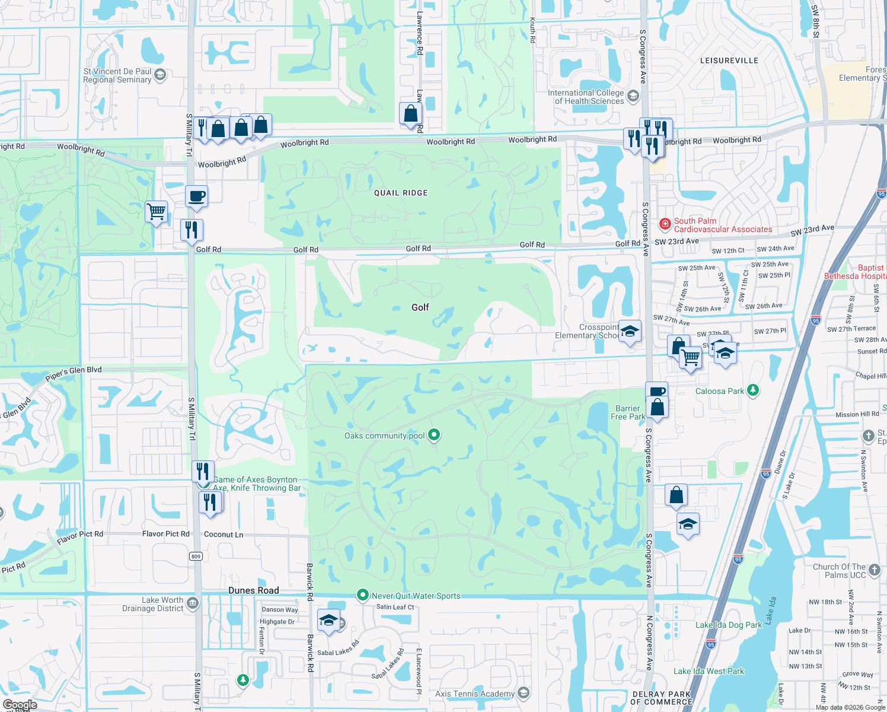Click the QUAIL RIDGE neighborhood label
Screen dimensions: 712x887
(x=401, y=193)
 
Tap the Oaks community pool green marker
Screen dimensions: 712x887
(x=434, y=435)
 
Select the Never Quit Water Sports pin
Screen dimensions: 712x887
(x=363, y=595)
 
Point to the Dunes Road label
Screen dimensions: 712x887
(x=254, y=590)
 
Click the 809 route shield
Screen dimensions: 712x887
(x=196, y=556)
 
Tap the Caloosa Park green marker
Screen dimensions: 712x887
(x=753, y=390)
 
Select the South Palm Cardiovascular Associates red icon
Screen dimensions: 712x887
(x=665, y=224)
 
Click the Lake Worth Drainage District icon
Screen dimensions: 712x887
(x=192, y=603)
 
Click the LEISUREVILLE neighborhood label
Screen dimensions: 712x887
(x=729, y=61)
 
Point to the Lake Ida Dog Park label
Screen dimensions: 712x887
(x=729, y=625)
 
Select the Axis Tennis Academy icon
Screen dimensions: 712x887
(x=523, y=692)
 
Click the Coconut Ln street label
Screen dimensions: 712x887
(x=224, y=535)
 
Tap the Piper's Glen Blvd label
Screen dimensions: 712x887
(x=74, y=374)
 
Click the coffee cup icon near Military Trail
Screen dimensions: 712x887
(x=197, y=195)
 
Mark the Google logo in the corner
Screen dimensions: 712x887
(x=20, y=705)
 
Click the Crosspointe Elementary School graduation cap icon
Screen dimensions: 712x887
(x=630, y=331)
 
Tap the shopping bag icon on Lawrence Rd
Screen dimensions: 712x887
(x=410, y=113)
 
